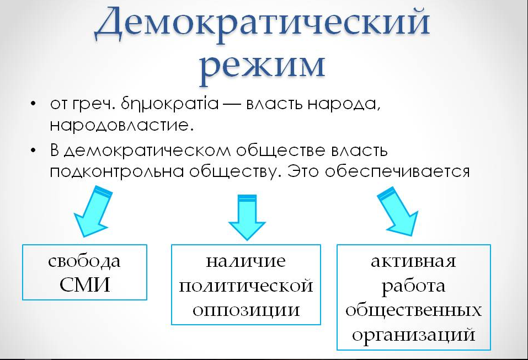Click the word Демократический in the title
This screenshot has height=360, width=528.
262,22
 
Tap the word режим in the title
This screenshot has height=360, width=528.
262,66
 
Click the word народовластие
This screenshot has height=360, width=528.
121,126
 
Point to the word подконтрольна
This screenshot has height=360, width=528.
117,171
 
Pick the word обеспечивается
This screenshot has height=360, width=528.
397,171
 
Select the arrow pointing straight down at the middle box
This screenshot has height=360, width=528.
247,217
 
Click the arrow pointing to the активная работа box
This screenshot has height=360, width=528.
399,211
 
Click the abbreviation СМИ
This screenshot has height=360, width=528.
85,284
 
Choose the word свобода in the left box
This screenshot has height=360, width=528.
84,261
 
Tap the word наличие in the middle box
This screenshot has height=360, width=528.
246,261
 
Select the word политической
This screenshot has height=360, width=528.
246,286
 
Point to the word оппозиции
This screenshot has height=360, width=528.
246,310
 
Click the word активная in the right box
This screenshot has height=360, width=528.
413,261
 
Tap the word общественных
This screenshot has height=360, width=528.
413,310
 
